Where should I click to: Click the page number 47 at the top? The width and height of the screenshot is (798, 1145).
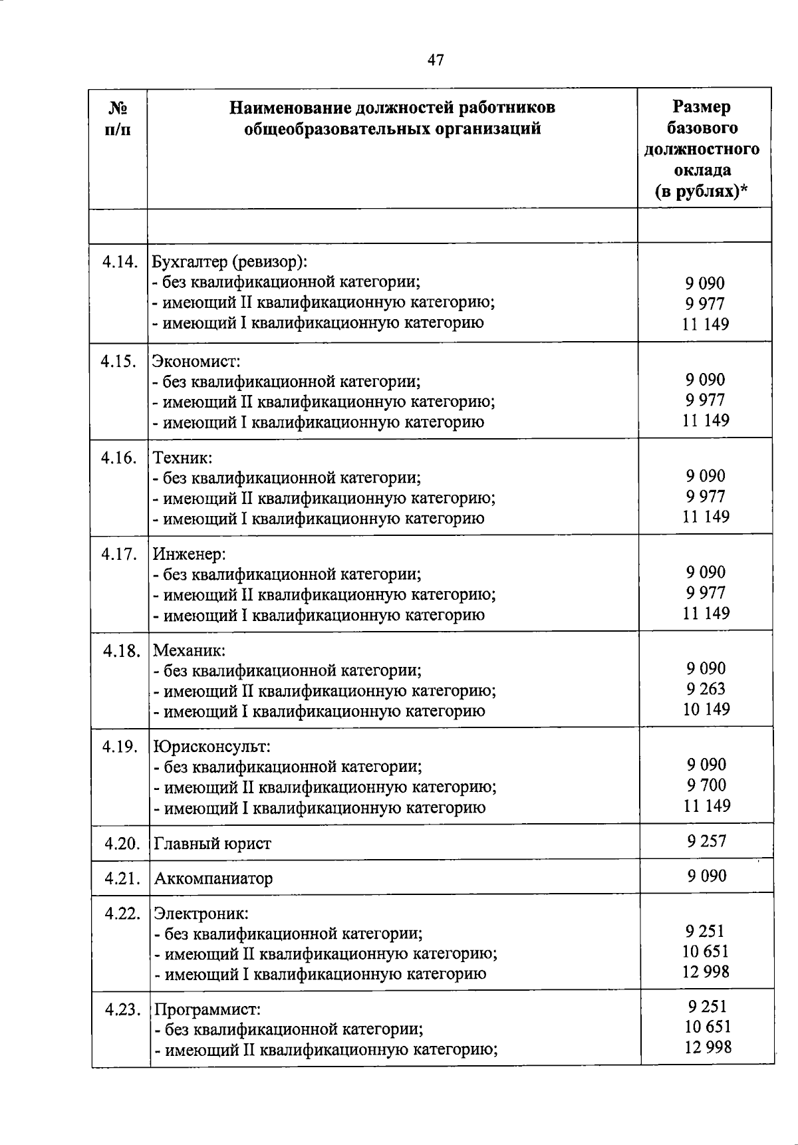coord(436,61)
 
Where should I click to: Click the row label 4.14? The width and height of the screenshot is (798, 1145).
coord(120,262)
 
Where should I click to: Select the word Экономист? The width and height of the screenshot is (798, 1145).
coord(196,362)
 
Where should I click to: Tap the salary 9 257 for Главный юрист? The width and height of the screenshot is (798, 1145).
coord(706,842)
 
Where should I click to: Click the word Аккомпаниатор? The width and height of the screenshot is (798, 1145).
coord(213,879)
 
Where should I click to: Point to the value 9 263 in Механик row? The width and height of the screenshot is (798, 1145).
coord(706,689)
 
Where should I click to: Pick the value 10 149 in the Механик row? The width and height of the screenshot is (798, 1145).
coord(706,709)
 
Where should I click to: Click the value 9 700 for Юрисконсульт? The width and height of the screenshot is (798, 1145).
coord(706,785)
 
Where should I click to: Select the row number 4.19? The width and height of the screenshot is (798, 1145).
coord(120,747)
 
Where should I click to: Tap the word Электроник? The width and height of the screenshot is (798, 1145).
coord(201,914)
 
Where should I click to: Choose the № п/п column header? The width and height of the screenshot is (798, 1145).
coord(118,118)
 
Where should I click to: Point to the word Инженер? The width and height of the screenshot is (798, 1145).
coord(190,554)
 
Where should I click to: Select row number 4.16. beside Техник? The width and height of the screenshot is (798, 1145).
coord(119,457)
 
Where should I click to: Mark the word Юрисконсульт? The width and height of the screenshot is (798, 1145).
coord(211,747)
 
